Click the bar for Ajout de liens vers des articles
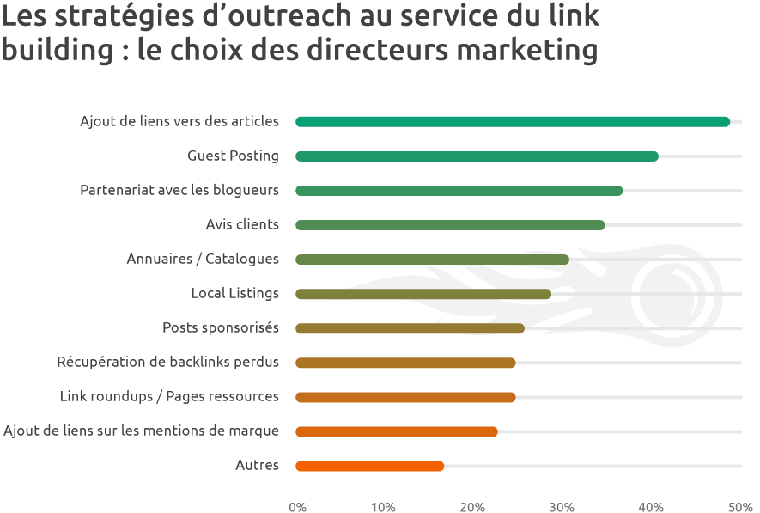[512, 122]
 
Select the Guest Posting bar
[477, 156]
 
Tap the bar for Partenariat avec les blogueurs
[459, 191]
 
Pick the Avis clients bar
[450, 225]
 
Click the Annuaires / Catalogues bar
[432, 260]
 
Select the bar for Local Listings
[423, 294]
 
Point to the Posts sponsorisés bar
[410, 328]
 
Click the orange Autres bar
[369, 466]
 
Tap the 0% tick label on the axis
[298, 506]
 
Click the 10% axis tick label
[384, 506]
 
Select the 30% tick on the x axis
[562, 506]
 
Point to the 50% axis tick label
[740, 506]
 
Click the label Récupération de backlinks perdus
[168, 363]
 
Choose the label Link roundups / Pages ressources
[169, 397]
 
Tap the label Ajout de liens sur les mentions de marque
[142, 431]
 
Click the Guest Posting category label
[233, 156]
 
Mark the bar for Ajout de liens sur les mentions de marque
[396, 431]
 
